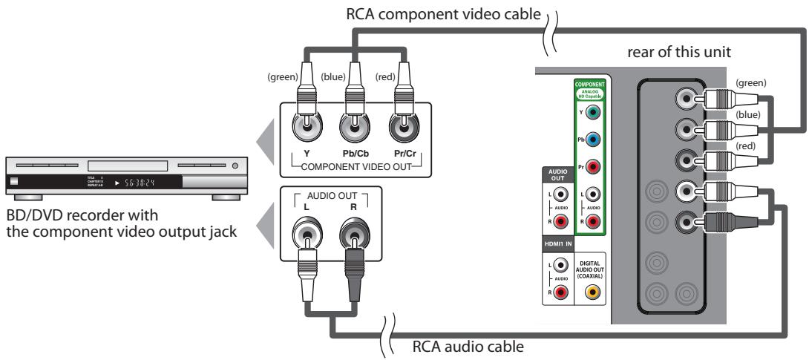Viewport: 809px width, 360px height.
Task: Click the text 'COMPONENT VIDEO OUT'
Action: tap(347, 165)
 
